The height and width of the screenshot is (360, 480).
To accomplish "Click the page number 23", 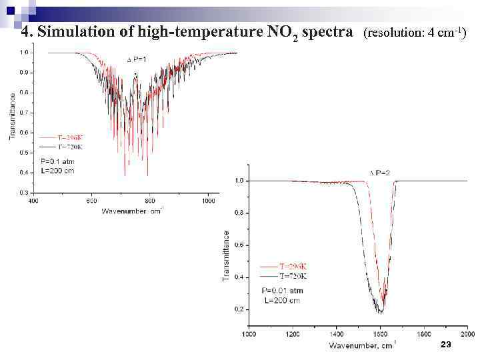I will click(446, 344).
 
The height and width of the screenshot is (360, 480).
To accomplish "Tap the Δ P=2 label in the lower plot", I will click(380, 173).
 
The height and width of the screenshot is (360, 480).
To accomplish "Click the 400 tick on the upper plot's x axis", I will click(31, 199).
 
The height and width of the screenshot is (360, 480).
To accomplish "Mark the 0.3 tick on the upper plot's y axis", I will click(23, 192).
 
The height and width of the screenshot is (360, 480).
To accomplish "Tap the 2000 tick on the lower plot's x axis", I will click(467, 333).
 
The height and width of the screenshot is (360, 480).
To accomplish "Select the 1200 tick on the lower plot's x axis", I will click(292, 333).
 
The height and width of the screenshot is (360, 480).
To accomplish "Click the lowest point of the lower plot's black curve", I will click(379, 312).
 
